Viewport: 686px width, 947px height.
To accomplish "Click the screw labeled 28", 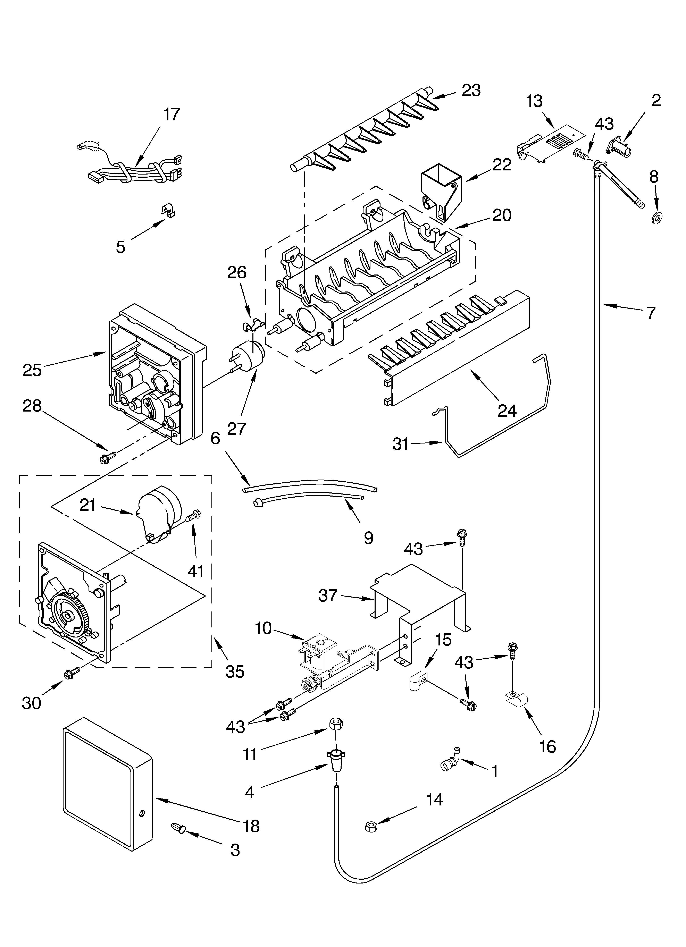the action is click(x=107, y=457).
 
